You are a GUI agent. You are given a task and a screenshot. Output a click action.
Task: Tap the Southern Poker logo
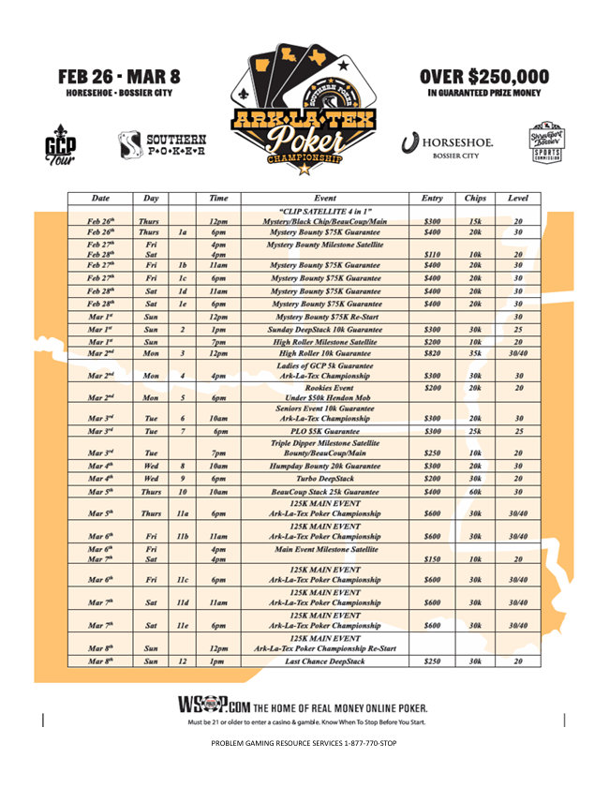[x=161, y=144]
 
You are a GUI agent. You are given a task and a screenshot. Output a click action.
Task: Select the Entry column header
[x=432, y=199]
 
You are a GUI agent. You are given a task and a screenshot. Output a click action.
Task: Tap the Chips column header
[x=475, y=199]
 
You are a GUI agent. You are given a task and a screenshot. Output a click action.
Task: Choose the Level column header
[x=517, y=199]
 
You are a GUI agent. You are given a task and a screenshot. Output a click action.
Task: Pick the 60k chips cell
[x=475, y=491]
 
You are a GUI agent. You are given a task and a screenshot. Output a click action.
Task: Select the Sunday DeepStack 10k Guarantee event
[x=325, y=330]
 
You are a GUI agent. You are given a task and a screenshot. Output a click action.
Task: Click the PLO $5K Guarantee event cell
[x=325, y=431]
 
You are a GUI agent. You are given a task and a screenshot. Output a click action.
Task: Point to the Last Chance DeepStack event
[x=325, y=661]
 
